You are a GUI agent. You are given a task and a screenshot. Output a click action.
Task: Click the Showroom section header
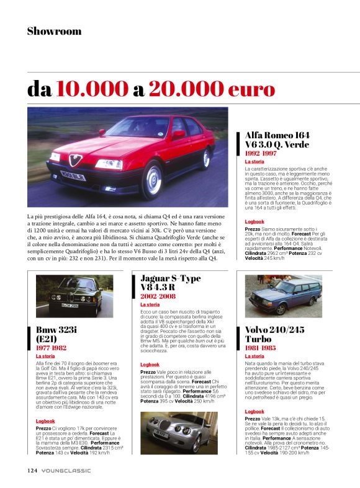[54, 31]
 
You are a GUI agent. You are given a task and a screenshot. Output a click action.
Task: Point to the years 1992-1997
[261, 153]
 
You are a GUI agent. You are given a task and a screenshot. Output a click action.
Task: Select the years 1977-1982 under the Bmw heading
[52, 348]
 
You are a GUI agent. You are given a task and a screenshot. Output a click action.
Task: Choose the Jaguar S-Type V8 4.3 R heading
[170, 283]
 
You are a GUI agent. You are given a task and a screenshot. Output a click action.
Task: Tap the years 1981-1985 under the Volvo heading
[261, 348]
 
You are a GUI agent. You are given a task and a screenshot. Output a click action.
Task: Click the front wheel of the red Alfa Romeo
[151, 180]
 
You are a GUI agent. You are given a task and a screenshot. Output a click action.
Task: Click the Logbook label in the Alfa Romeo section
[254, 221]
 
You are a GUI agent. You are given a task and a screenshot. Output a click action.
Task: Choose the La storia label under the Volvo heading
[254, 357]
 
